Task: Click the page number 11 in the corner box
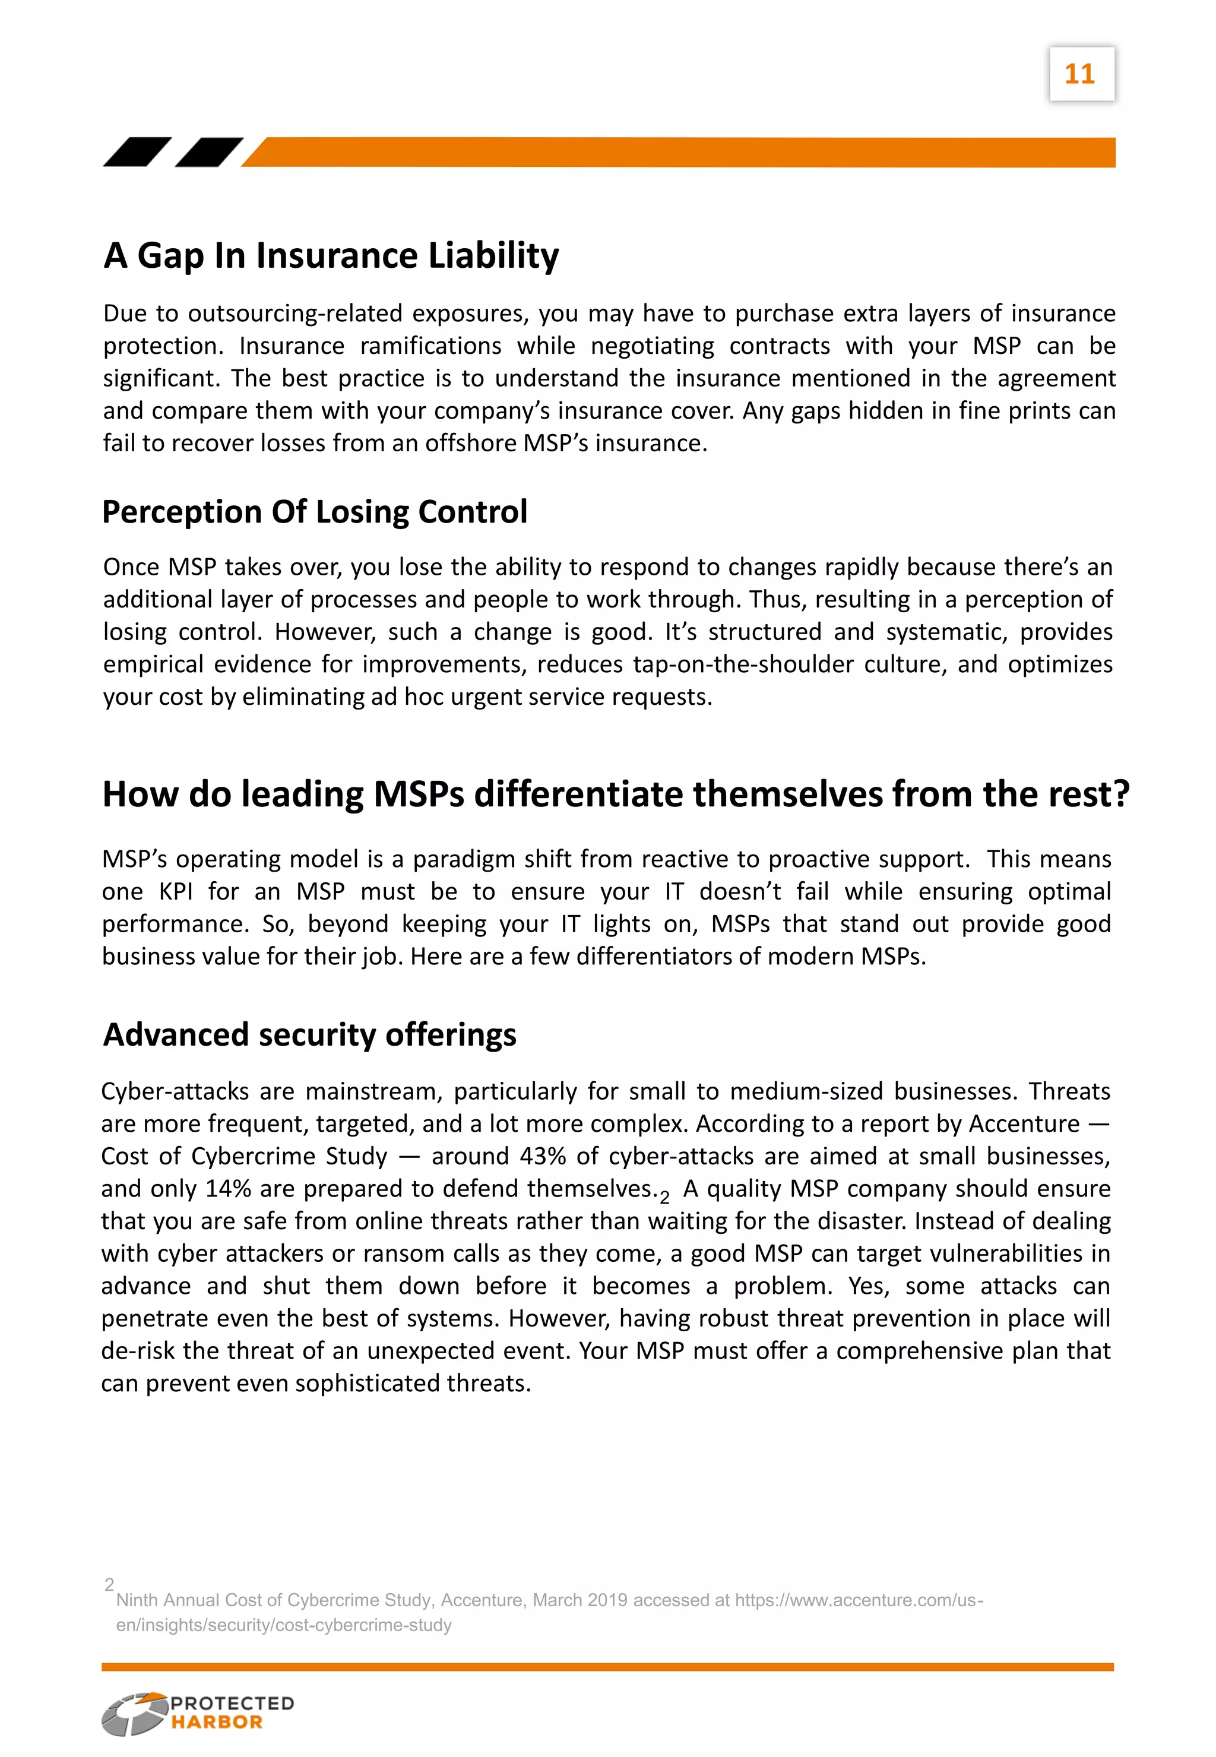pyautogui.click(x=1079, y=74)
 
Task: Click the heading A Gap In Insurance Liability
pyautogui.click(x=331, y=255)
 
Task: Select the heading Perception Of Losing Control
pyautogui.click(x=314, y=511)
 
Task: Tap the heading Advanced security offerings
pyautogui.click(x=309, y=1035)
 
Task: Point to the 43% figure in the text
pyautogui.click(x=543, y=1156)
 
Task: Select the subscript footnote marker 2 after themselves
pyautogui.click(x=664, y=1198)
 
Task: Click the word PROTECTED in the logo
pyautogui.click(x=232, y=1704)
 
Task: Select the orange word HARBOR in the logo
pyautogui.click(x=216, y=1722)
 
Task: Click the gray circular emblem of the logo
pyautogui.click(x=134, y=1714)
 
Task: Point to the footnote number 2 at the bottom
pyautogui.click(x=109, y=1585)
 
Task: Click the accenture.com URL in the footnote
pyautogui.click(x=859, y=1601)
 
